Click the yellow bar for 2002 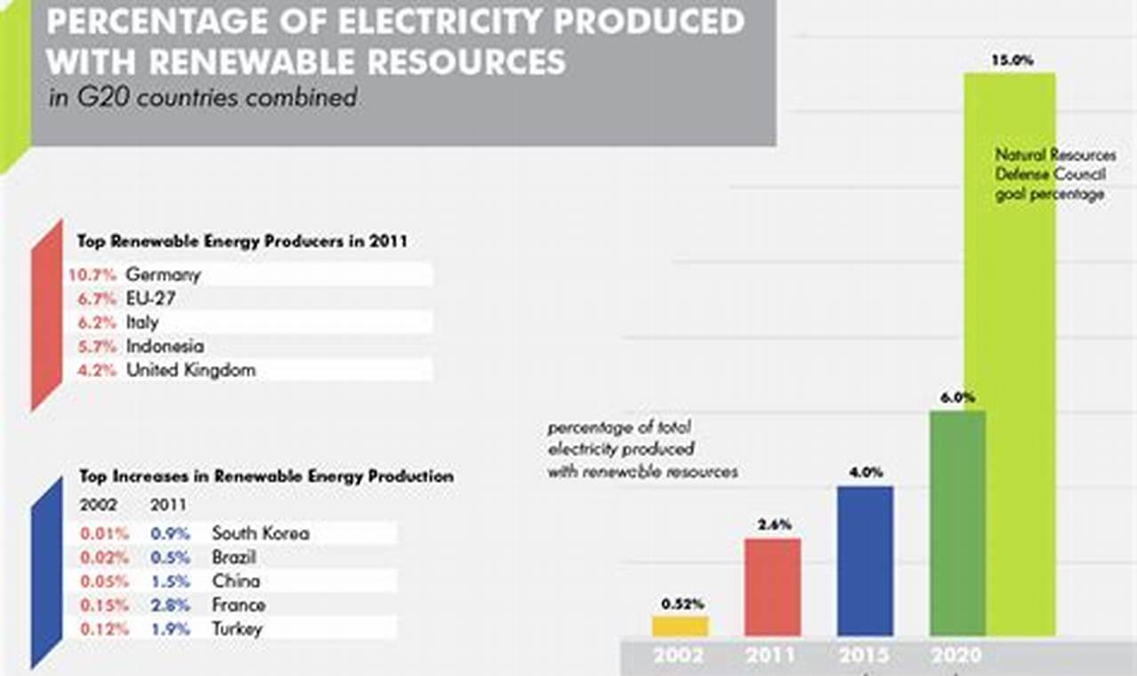point(680,626)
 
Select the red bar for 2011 point(772,587)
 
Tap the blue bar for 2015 point(865,560)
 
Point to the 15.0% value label point(1012,61)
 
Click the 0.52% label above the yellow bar point(682,604)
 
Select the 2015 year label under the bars point(865,656)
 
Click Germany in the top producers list point(164,274)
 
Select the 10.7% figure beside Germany point(93,274)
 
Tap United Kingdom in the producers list point(190,370)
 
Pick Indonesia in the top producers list point(165,346)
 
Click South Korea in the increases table point(261,534)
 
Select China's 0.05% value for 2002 point(105,582)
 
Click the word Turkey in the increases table point(238,630)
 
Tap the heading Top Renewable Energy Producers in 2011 point(242,241)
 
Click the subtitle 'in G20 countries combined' point(203,97)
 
